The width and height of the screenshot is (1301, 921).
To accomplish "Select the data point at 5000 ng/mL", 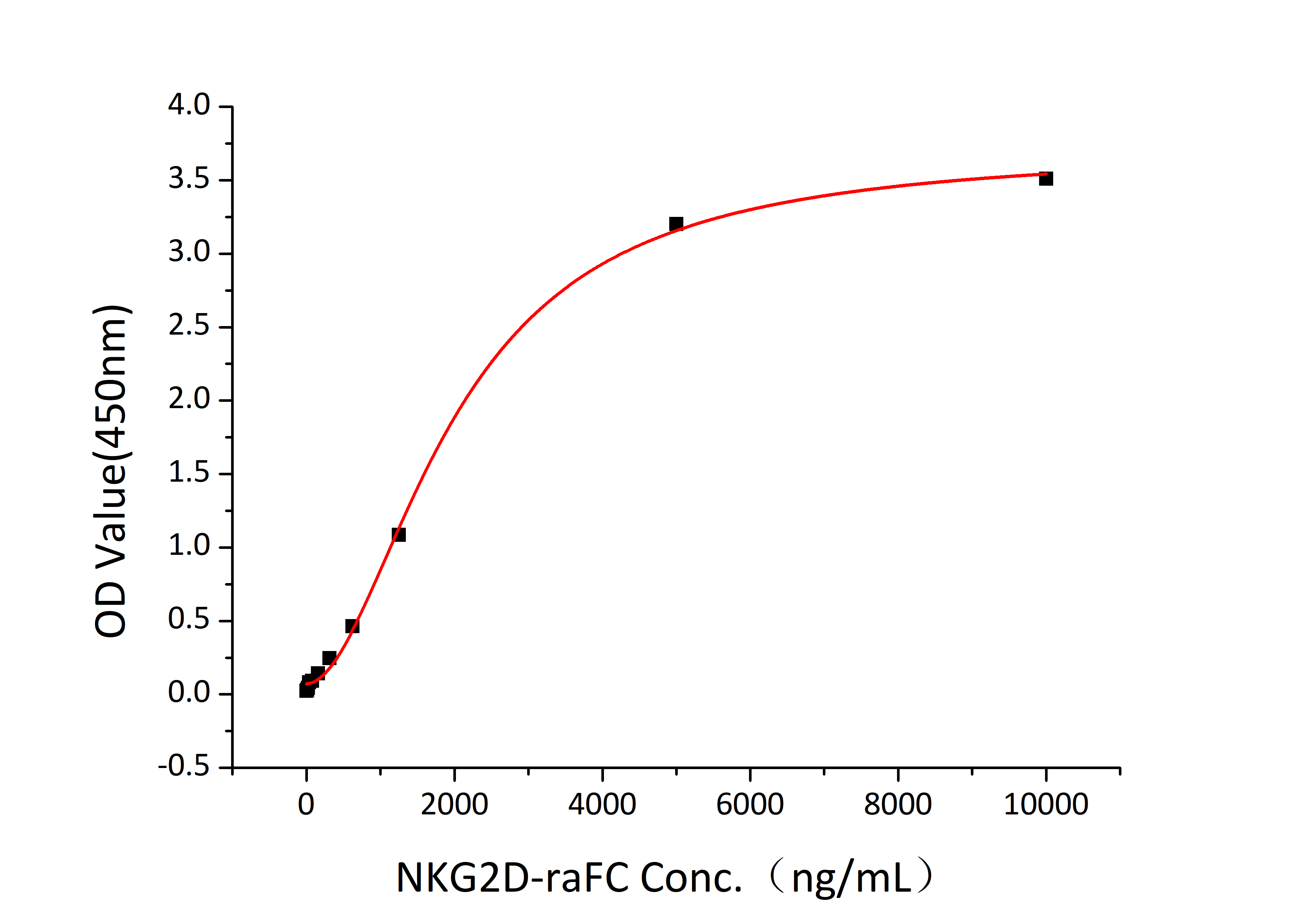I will [x=676, y=224].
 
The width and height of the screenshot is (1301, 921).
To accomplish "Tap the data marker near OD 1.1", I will [x=399, y=534].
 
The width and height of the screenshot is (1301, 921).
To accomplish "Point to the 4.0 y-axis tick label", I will [x=189, y=105].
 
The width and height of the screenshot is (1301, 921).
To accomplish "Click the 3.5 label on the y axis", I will [x=189, y=179].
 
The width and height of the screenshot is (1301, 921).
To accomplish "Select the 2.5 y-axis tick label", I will [x=189, y=326].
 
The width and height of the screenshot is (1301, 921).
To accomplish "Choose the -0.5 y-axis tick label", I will [x=184, y=767].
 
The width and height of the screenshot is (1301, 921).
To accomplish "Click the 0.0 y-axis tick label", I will [x=189, y=693].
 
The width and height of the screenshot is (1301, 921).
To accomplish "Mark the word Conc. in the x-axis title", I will [x=691, y=878].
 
